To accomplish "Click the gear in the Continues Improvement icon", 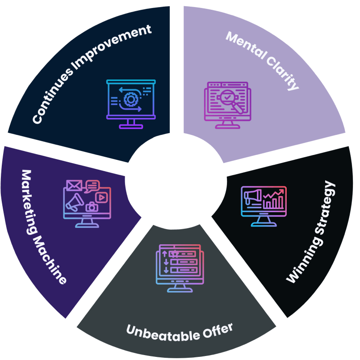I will [x=131, y=99].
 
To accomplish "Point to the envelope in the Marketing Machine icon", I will [x=74, y=184].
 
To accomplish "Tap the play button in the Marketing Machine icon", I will [x=102, y=197].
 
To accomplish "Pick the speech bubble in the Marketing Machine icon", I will [x=92, y=185].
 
